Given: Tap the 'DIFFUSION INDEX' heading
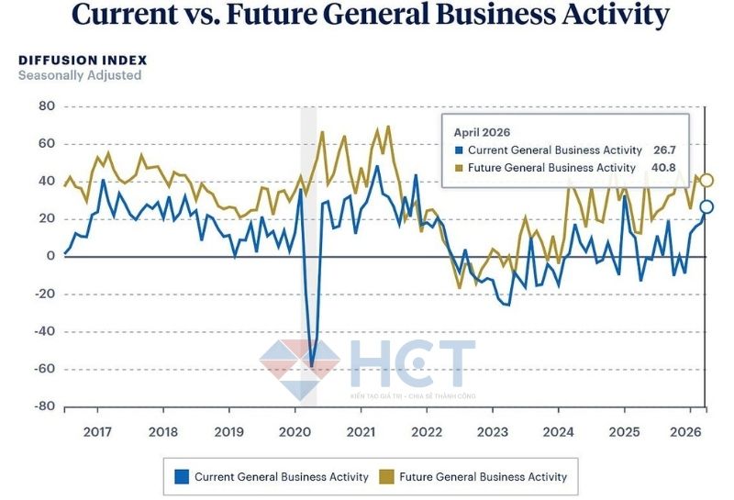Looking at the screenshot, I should click(x=83, y=60).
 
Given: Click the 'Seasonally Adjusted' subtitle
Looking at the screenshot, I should click(x=80, y=75).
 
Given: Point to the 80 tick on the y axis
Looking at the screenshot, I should click(x=47, y=106).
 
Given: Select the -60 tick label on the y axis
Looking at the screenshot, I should click(x=44, y=369).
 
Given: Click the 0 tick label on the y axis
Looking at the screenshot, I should click(x=51, y=256).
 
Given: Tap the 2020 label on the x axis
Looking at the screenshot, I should click(x=295, y=432).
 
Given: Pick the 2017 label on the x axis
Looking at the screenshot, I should click(x=97, y=432).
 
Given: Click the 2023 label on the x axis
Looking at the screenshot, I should click(x=493, y=432).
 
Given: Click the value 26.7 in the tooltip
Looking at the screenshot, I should click(x=663, y=150).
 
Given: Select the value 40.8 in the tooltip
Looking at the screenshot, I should click(x=662, y=168).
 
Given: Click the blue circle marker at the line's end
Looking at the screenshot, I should click(x=706, y=206).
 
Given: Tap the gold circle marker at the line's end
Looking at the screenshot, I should click(x=706, y=181).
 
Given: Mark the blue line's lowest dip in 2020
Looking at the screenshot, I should click(x=311, y=365).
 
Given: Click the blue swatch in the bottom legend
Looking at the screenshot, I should click(x=182, y=476).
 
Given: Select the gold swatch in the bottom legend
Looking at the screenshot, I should click(x=386, y=476).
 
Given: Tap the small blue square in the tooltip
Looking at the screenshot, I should click(x=459, y=150).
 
